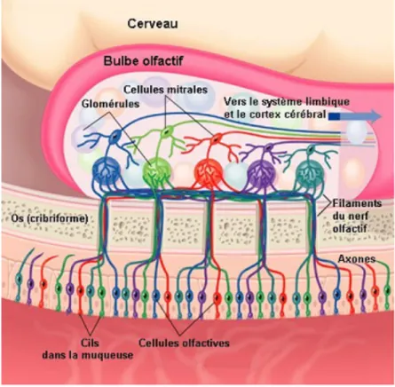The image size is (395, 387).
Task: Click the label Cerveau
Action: click(x=153, y=24)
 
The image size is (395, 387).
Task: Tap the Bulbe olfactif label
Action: click(x=143, y=61)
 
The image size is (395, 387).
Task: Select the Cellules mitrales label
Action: click(x=165, y=90)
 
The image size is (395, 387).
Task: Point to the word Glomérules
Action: click(x=110, y=104)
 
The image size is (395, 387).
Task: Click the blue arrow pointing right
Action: click(x=355, y=116)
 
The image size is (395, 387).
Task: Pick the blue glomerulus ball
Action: click(x=107, y=171)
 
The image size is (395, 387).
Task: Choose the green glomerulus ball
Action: click(x=157, y=171)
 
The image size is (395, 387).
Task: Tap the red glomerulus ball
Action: click(x=208, y=172)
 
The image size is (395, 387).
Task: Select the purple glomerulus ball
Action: click(x=261, y=173)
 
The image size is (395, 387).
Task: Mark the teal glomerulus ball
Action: click(x=310, y=174)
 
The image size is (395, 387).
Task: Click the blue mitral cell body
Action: click(x=114, y=137)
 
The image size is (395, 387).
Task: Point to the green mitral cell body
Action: click(x=166, y=130)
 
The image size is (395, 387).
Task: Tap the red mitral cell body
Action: click(x=217, y=138)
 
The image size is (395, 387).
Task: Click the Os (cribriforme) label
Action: click(x=49, y=218)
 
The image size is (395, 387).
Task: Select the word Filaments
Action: click(x=357, y=203)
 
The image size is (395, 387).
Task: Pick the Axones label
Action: click(x=357, y=259)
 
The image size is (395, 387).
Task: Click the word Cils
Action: click(x=90, y=343)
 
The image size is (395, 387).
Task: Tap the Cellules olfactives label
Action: click(x=184, y=343)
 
